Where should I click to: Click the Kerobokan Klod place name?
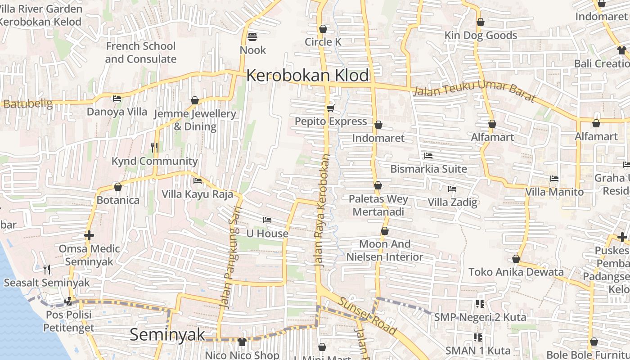(x=307, y=76)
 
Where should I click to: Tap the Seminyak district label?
(x=167, y=335)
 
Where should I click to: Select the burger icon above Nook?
(x=252, y=36)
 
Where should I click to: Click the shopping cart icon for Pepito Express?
(x=331, y=108)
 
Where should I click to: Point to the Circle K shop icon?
(x=323, y=29)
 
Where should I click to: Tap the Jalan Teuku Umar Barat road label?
(x=473, y=94)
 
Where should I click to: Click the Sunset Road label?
(x=368, y=316)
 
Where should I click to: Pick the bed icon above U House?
(x=267, y=220)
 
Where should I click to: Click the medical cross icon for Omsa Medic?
(x=89, y=235)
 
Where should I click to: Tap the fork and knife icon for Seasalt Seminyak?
(x=47, y=269)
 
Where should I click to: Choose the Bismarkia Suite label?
(x=428, y=169)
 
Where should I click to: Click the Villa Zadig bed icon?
(x=452, y=189)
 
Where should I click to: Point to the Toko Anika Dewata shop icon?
(x=516, y=259)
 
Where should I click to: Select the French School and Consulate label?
(x=140, y=53)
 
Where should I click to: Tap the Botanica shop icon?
(x=118, y=186)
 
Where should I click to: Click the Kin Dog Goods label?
(x=481, y=35)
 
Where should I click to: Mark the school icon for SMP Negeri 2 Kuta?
(x=480, y=304)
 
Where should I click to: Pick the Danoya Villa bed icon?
(x=117, y=98)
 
